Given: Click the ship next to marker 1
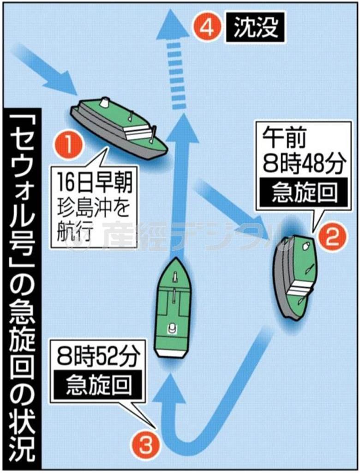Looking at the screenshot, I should [119, 128].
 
